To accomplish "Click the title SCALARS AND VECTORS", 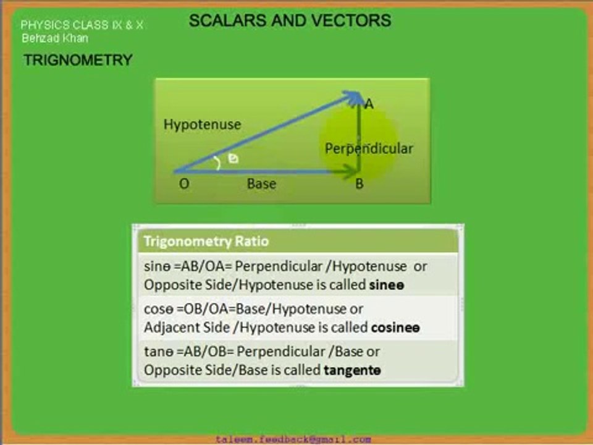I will point(290,20).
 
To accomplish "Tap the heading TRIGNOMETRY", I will point(78,60).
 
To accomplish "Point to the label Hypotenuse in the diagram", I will point(202,124).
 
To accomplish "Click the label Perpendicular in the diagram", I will point(369,148).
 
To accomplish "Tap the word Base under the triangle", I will point(261,184).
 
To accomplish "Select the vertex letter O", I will point(184,184).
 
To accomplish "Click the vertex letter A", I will point(369,104).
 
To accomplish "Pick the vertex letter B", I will point(359,184).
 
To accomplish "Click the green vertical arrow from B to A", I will point(359,133).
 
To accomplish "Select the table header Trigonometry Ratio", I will point(206,241).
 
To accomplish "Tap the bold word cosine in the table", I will point(396,328).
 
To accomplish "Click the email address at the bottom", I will point(293,439).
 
